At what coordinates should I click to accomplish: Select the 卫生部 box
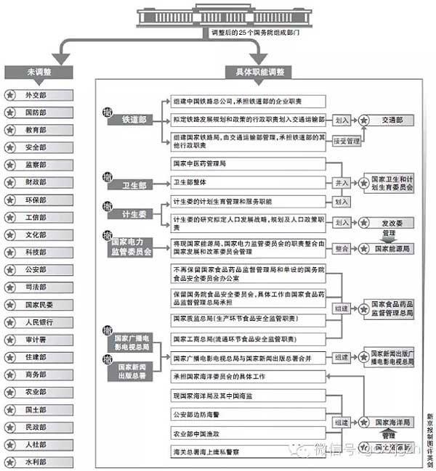click(x=127, y=185)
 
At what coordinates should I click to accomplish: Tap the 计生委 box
click(x=127, y=214)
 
